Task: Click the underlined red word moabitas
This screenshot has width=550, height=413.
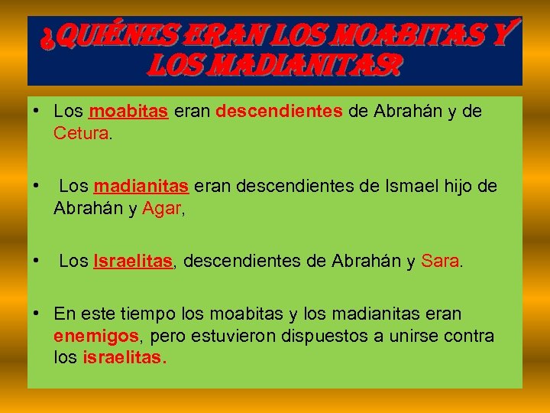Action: [128, 112]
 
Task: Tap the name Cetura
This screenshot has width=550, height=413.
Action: [82, 134]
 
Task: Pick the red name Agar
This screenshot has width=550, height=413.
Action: [160, 209]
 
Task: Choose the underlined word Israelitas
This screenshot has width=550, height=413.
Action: [134, 262]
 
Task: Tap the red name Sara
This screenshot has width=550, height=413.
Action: [440, 262]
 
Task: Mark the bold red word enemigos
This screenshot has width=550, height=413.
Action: [96, 337]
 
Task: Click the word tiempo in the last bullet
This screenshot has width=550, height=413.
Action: [150, 314]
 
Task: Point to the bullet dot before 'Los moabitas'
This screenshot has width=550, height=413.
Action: [36, 112]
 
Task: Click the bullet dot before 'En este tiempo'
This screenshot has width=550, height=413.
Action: [36, 314]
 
